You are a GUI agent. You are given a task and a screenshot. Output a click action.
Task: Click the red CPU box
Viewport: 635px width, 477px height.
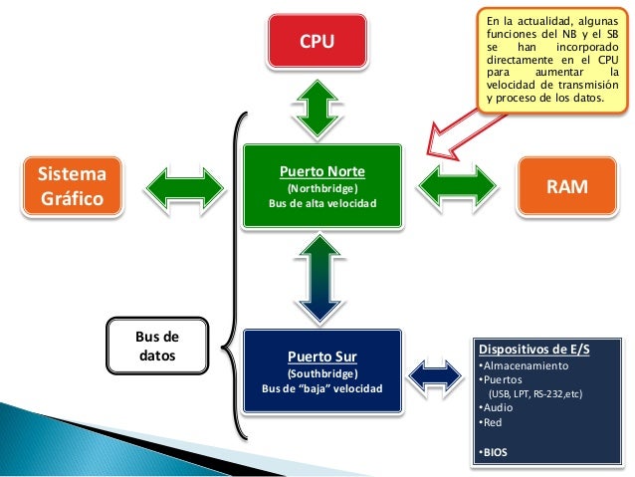click(x=317, y=41)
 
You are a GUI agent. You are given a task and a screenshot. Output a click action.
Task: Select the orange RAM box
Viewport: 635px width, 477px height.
click(x=567, y=186)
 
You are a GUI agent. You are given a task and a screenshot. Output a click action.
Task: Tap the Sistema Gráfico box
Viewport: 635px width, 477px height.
click(x=72, y=186)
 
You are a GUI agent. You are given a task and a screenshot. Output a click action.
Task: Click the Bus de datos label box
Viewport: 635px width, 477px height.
click(x=157, y=346)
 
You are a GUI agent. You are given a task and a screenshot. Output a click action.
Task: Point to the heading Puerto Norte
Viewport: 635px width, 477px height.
click(x=322, y=171)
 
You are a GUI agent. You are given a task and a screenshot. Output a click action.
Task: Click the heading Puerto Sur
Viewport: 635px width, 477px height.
click(x=322, y=357)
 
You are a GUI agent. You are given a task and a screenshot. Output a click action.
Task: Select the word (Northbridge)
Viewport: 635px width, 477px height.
click(x=322, y=188)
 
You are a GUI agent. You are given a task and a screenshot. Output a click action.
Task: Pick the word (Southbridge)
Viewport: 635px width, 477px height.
click(x=322, y=373)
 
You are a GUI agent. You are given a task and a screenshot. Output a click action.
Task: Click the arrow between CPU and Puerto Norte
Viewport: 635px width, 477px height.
click(x=317, y=109)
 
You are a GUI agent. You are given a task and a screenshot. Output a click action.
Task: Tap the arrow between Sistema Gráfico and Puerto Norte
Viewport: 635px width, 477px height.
click(x=184, y=188)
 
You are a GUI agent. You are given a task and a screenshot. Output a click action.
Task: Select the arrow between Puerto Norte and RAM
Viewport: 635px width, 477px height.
click(x=457, y=186)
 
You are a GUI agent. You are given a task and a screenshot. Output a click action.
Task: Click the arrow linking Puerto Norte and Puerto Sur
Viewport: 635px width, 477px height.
click(x=319, y=279)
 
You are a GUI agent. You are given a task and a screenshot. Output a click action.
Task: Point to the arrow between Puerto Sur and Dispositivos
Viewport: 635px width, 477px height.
click(x=435, y=375)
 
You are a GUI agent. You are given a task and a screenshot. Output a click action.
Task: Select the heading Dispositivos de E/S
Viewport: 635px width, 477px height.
click(x=534, y=350)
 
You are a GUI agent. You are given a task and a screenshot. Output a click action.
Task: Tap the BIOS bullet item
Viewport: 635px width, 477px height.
click(x=493, y=452)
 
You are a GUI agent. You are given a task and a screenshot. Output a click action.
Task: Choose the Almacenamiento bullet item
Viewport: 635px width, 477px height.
click(x=524, y=365)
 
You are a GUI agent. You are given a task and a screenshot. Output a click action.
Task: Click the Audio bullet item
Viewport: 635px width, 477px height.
click(x=496, y=407)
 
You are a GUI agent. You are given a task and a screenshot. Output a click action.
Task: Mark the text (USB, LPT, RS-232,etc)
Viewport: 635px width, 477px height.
click(x=535, y=394)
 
